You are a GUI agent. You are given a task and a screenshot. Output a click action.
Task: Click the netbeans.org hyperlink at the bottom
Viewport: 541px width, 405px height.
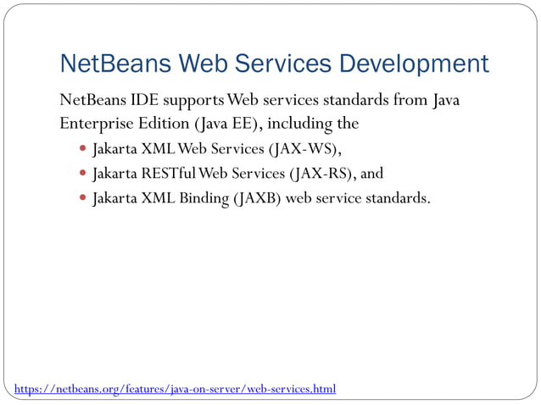tap(175, 389)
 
